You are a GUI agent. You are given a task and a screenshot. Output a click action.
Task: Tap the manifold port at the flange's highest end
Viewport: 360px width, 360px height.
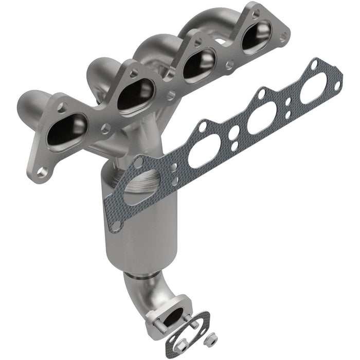coord(257,38)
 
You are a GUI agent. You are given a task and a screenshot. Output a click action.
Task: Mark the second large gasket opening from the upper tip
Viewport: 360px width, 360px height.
coord(262,120)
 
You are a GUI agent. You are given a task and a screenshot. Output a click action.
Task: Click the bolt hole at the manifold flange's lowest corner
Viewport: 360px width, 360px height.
coord(42,173)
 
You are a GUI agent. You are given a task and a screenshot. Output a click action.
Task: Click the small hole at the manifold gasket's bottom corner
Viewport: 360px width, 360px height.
coord(118,225)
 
